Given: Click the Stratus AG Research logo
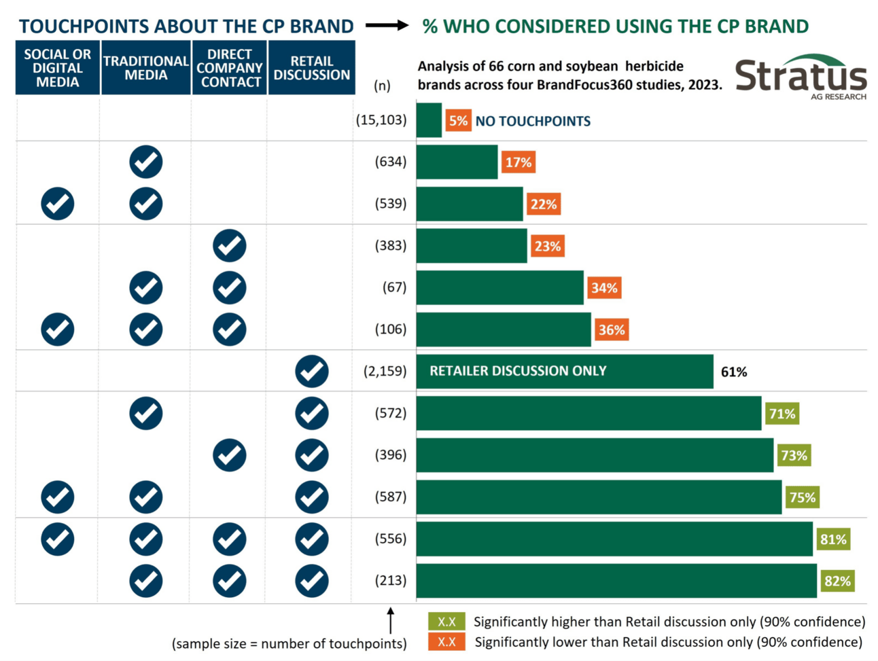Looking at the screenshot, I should point(800,76).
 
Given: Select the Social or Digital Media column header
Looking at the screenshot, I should point(58,68).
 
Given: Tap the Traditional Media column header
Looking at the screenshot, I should point(145,68).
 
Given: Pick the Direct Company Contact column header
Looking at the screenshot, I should point(230,68).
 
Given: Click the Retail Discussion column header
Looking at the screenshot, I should point(311,68).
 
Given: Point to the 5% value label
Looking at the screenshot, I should point(458,121).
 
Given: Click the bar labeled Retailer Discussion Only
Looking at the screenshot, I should point(564,371).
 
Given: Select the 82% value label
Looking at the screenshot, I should point(837,581).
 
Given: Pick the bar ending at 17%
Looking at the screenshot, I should point(457,162).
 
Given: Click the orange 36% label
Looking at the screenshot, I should point(611,330).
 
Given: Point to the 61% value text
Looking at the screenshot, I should point(734,372).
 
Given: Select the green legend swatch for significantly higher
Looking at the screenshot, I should point(446,622).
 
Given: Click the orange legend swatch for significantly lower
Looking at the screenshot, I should point(446,642).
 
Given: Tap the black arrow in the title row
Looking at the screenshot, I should point(387,26).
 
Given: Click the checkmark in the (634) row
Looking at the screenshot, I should point(146,162).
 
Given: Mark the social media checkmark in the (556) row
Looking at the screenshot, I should point(58,539).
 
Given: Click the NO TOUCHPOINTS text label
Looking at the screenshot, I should point(533,122).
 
